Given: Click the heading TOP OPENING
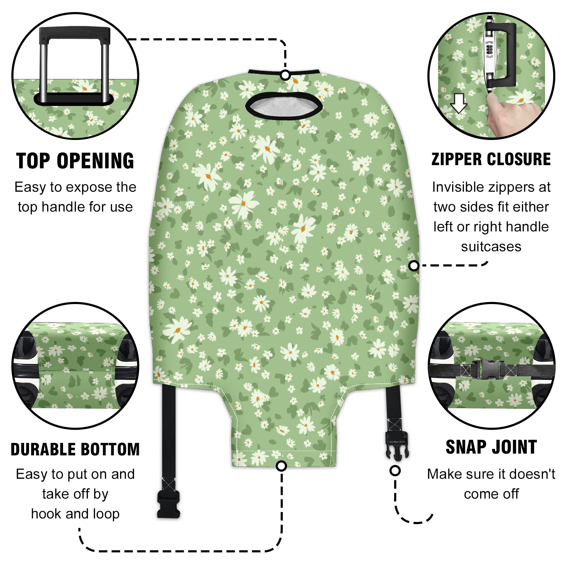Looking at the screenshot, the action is (x=75, y=161).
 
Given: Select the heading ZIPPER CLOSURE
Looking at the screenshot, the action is (x=491, y=159).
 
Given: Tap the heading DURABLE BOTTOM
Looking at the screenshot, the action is (x=75, y=449).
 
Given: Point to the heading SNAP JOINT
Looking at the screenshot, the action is (x=491, y=447).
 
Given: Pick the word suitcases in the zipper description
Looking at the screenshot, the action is (x=491, y=247).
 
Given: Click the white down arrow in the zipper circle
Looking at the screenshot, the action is (x=459, y=103).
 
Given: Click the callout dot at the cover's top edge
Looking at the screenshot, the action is (x=285, y=75).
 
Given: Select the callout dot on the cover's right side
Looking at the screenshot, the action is (x=414, y=265).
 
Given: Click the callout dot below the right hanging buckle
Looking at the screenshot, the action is (x=395, y=471).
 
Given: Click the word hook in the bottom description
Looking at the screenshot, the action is (x=44, y=514).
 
